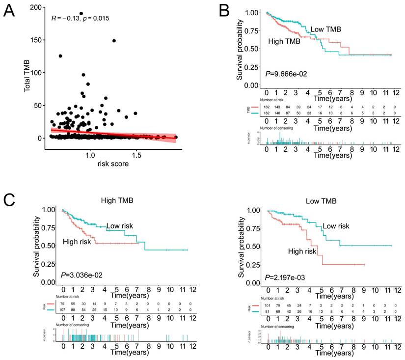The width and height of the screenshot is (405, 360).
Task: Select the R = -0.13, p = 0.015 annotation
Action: [80, 18]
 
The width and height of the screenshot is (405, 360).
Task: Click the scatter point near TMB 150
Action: [114, 40]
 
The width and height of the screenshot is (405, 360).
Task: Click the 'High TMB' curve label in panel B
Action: [285, 42]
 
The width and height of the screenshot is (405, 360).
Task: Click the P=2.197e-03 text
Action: [286, 277]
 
